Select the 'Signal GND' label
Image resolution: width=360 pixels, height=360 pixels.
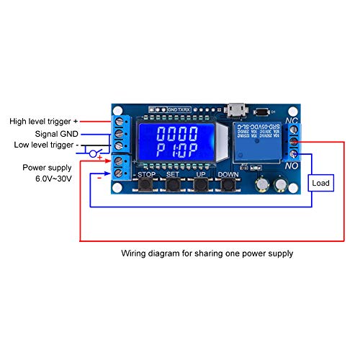click(57, 133)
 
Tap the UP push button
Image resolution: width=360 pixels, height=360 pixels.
click(201, 185)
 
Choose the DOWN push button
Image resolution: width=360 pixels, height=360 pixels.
click(229, 185)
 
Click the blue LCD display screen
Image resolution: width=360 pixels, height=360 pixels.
click(179, 147)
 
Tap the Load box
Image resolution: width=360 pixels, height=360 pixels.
click(322, 184)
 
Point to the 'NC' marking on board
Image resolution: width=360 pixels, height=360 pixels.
click(292, 121)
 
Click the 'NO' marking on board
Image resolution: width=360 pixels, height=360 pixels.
click(292, 166)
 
